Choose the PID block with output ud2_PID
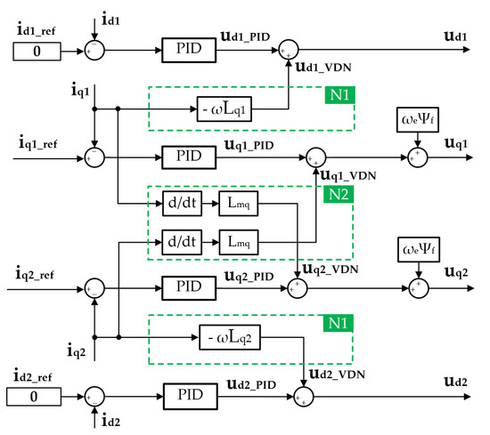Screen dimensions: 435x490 tap(188, 393)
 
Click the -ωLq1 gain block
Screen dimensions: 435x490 tap(232, 109)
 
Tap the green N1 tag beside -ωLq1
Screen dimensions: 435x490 tap(337, 92)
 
